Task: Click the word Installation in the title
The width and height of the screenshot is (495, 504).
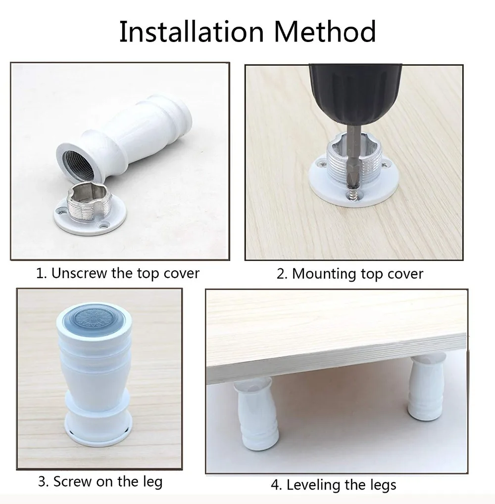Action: [x=192, y=32]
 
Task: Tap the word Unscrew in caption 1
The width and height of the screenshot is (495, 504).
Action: [x=79, y=274]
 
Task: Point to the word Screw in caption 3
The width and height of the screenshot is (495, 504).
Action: [x=72, y=481]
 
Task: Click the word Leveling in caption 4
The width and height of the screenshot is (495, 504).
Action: [x=313, y=485]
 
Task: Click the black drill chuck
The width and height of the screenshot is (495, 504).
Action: [x=355, y=93]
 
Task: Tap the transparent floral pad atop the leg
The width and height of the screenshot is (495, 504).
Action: [x=94, y=318]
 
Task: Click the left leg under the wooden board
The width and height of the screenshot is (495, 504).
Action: [x=257, y=413]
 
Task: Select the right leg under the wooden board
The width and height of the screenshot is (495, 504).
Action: [x=426, y=387]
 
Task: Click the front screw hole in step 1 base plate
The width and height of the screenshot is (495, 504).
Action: [x=103, y=226]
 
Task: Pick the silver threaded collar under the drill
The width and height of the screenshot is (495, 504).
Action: [x=354, y=158]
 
